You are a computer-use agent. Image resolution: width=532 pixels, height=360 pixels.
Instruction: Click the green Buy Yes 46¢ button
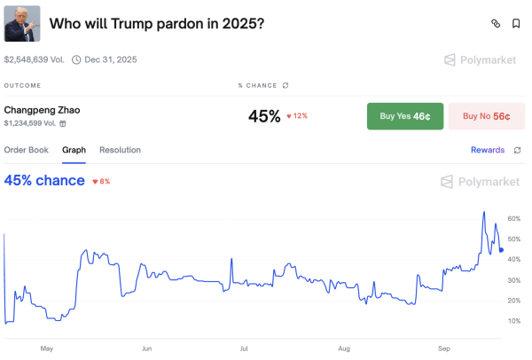pyautogui.click(x=405, y=116)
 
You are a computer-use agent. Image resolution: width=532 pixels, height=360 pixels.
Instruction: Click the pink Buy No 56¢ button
pyautogui.click(x=487, y=116)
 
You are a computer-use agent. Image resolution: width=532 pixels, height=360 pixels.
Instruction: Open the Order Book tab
pyautogui.click(x=27, y=150)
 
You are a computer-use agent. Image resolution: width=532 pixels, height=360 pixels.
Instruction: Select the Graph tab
pyautogui.click(x=74, y=150)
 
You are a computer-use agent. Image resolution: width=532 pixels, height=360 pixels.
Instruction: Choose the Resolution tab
pyautogui.click(x=120, y=150)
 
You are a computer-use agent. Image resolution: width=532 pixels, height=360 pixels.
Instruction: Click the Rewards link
pyautogui.click(x=487, y=150)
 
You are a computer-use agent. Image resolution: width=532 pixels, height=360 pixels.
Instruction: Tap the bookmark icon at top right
pyautogui.click(x=516, y=24)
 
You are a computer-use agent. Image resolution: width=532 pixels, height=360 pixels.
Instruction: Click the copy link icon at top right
pyautogui.click(x=496, y=24)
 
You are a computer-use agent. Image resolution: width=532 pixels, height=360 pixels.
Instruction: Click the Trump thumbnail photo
pyautogui.click(x=22, y=24)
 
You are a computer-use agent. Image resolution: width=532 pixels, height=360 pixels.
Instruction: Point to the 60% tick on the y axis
pyautogui.click(x=513, y=218)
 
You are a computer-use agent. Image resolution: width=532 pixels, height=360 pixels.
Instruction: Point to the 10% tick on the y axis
pyautogui.click(x=513, y=321)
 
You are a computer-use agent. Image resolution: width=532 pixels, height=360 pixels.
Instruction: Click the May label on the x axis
pyautogui.click(x=47, y=348)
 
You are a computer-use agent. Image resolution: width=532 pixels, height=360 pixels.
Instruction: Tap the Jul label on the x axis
pyautogui.click(x=245, y=348)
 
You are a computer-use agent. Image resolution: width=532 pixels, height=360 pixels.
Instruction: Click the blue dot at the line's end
pyautogui.click(x=501, y=250)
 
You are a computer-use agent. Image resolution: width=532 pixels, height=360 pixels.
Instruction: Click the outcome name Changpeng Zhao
pyautogui.click(x=43, y=110)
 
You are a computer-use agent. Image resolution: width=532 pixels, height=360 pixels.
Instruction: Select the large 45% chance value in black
pyautogui.click(x=264, y=116)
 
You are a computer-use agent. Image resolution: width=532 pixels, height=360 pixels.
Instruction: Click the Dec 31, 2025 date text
pyautogui.click(x=110, y=59)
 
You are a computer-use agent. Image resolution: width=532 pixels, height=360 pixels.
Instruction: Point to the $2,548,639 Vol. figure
pyautogui.click(x=34, y=59)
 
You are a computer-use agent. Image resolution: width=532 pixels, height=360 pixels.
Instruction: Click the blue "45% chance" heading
pyautogui.click(x=44, y=181)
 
